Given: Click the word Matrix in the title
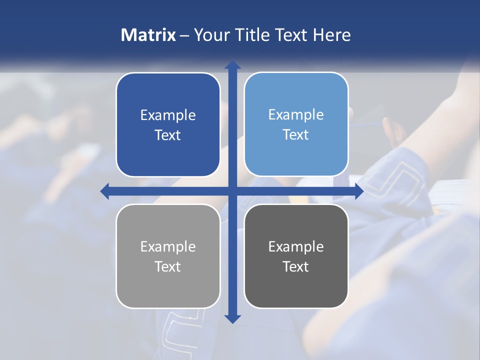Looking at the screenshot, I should pos(148,35).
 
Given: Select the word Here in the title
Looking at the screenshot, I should pos(331,35).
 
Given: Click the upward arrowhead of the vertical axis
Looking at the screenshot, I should pos(232,65).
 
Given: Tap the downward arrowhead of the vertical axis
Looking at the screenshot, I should pos(232,318).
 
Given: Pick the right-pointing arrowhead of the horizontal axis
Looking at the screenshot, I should pos(358,191).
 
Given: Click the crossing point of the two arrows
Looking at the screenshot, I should pos(232,191).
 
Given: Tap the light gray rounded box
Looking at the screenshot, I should pos(168,285).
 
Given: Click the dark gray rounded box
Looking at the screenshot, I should pos(296,285).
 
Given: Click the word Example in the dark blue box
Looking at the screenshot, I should pos(168,115).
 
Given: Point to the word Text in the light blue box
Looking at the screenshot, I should pos(296,135).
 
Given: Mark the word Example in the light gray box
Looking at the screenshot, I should pos(168,247).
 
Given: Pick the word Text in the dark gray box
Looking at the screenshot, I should pos(296,266).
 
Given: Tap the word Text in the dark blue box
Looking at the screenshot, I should pos(168,135).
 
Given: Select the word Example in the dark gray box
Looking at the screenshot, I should pos(296,246).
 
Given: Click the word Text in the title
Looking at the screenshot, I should pos(290,35).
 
